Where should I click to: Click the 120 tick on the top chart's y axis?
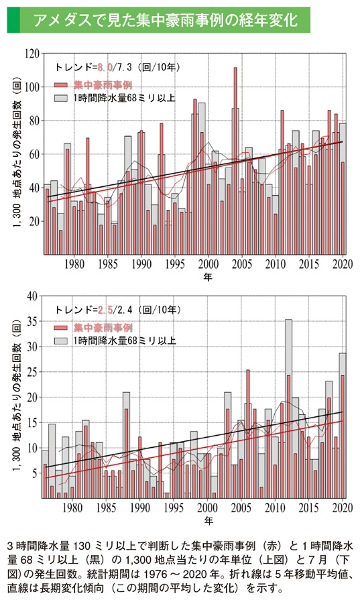pos(31,52)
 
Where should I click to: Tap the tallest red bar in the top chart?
pos(235,161)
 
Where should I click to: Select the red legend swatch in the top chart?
pos(61,85)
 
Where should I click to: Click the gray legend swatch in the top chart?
pos(61,98)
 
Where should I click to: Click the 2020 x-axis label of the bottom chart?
pos(343,507)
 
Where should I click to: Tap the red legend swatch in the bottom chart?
pos(61,328)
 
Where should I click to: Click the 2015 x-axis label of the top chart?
pos(310,263)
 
